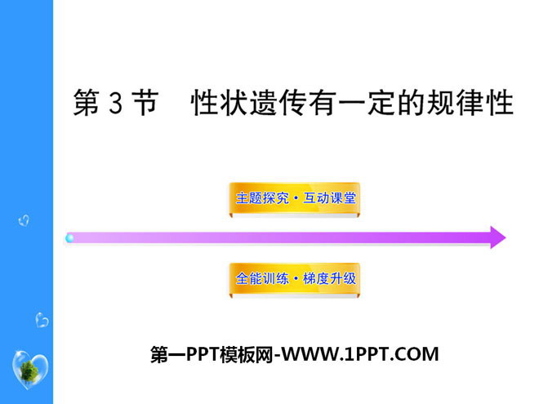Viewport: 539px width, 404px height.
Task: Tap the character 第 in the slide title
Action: pyautogui.click(x=87, y=103)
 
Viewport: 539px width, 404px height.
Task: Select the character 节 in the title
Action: pyautogui.click(x=145, y=103)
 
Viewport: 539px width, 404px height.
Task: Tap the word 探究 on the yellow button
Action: pyautogui.click(x=276, y=198)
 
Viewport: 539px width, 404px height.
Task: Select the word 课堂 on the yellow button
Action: pyautogui.click(x=342, y=198)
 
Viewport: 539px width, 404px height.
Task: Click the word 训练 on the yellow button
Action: pyautogui.click(x=276, y=278)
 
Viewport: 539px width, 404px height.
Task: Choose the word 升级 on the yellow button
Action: pyautogui.click(x=342, y=278)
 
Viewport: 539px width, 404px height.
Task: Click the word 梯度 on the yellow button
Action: pyautogui.click(x=316, y=278)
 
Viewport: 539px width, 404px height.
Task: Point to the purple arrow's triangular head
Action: pyautogui.click(x=497, y=238)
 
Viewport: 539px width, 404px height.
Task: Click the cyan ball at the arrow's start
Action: pyautogui.click(x=69, y=238)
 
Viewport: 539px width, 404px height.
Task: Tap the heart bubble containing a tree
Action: pyautogui.click(x=30, y=370)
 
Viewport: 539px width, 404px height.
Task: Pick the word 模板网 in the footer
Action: pyautogui.click(x=247, y=354)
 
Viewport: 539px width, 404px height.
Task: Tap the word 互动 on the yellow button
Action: pyautogui.click(x=316, y=198)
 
